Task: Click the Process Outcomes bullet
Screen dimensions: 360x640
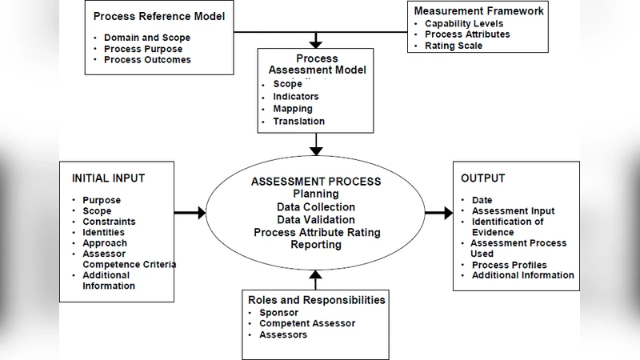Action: (147, 60)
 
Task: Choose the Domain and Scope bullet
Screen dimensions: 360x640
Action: (147, 38)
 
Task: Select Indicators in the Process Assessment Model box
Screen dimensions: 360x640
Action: (297, 96)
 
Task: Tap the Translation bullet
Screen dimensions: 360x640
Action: (298, 122)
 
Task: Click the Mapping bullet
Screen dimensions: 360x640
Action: (293, 109)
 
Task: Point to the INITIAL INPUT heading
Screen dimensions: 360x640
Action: (108, 178)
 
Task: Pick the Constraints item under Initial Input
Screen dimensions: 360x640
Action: (109, 222)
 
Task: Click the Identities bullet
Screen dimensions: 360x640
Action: (105, 232)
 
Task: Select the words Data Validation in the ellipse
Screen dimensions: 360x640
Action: (316, 219)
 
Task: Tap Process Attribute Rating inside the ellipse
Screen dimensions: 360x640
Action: (316, 232)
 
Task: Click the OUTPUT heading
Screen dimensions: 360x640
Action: (483, 178)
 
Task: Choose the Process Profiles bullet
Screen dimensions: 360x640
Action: (509, 265)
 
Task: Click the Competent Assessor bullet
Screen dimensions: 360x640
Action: (307, 324)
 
